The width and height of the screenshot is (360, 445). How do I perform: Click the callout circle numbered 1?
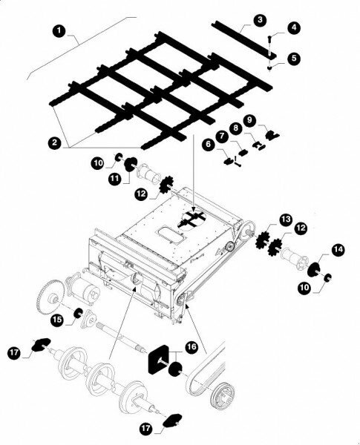(59, 30)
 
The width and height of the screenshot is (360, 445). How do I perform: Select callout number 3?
(259, 21)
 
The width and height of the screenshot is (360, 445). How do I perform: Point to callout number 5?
(294, 58)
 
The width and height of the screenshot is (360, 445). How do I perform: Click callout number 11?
(114, 178)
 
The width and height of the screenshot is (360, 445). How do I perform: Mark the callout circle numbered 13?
(286, 220)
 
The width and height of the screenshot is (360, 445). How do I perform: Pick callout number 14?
(338, 250)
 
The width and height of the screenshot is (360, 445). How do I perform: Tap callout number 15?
(57, 320)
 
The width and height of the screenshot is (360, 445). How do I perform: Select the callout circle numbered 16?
(192, 347)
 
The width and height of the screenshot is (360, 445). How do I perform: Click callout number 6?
(209, 144)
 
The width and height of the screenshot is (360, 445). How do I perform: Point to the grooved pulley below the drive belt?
(222, 395)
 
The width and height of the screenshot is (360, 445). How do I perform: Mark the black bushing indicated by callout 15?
(78, 314)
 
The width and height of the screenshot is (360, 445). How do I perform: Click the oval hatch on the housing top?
(170, 234)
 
